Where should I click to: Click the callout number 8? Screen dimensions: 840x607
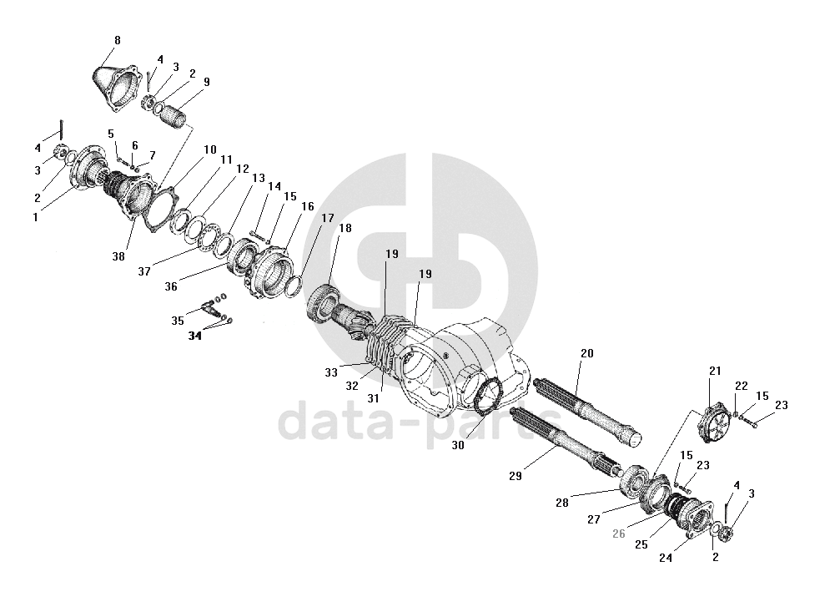tap(117, 40)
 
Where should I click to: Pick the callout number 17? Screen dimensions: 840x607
tap(327, 218)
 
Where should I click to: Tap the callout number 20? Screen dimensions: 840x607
tap(586, 353)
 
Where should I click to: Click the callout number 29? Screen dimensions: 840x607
tap(514, 476)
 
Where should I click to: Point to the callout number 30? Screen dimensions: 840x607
tap(458, 446)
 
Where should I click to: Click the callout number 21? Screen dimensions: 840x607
tap(714, 371)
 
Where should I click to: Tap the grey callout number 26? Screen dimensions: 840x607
tap(618, 534)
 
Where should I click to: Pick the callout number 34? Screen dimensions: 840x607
tap(194, 336)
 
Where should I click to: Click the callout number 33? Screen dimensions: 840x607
tap(330, 370)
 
